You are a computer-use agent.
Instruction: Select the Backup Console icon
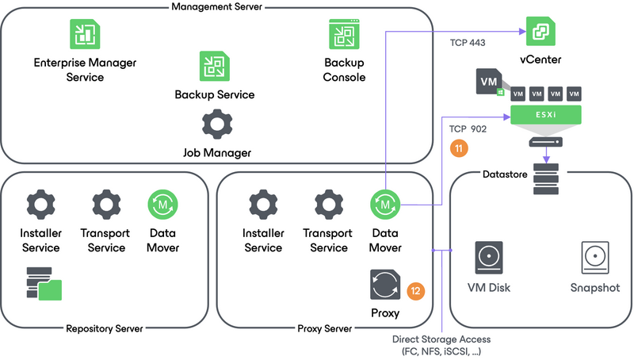coord(345,34)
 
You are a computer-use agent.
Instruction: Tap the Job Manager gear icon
coord(216,125)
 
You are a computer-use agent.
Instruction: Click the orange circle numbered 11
coord(457,147)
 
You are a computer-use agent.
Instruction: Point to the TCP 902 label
coord(468,128)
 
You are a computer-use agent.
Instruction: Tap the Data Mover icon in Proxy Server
coord(385,205)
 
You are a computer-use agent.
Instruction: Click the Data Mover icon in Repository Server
coord(163,205)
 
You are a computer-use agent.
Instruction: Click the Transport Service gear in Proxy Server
coord(327,205)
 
